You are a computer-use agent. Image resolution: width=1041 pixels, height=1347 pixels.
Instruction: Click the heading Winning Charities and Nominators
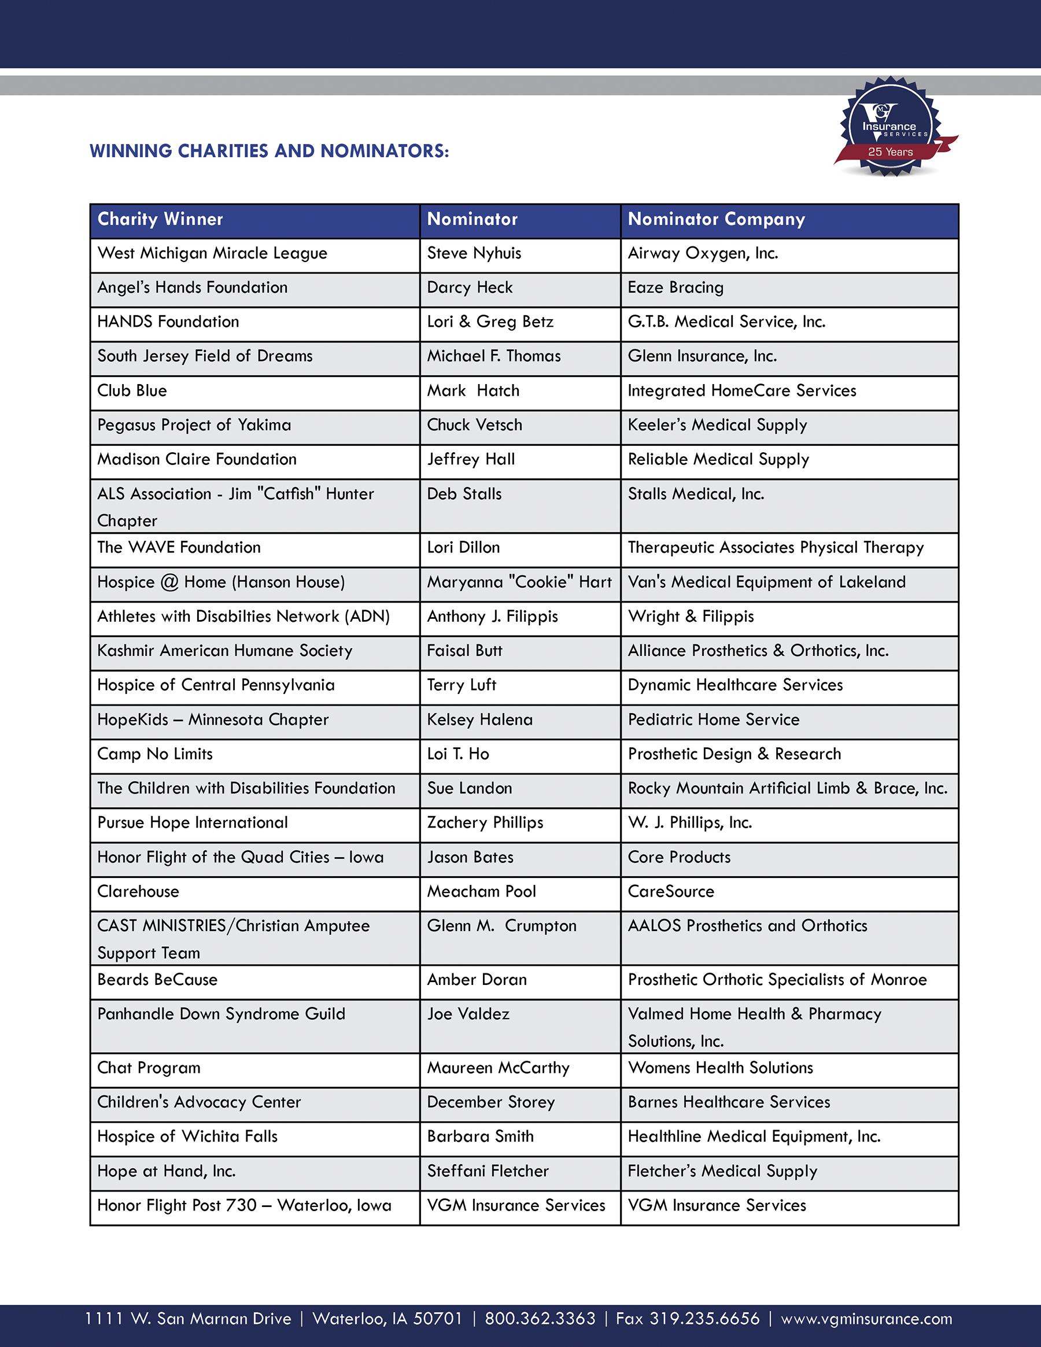pyautogui.click(x=270, y=151)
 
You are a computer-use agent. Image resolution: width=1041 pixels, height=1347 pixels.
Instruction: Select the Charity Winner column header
pyautogui.click(x=160, y=220)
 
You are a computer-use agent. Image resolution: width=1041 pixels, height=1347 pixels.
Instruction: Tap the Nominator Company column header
pyautogui.click(x=716, y=220)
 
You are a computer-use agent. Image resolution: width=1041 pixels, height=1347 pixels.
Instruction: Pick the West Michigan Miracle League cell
pyautogui.click(x=212, y=253)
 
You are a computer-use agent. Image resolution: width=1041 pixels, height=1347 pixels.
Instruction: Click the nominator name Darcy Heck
pyautogui.click(x=470, y=288)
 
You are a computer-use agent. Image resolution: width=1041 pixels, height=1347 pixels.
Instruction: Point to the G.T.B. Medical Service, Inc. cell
pyautogui.click(x=726, y=322)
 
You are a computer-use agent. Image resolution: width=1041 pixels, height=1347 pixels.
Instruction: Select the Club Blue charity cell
pyautogui.click(x=132, y=391)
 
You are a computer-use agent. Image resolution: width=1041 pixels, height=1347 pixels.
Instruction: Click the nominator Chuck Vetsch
pyautogui.click(x=474, y=426)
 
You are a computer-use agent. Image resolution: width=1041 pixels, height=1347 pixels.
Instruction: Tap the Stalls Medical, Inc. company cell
pyautogui.click(x=696, y=494)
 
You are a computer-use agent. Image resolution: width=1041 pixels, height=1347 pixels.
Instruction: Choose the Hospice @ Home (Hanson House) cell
pyautogui.click(x=221, y=582)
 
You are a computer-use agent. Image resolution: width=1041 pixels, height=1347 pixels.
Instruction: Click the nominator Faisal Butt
pyautogui.click(x=464, y=651)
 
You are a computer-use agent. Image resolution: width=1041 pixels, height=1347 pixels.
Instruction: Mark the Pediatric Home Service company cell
pyautogui.click(x=714, y=719)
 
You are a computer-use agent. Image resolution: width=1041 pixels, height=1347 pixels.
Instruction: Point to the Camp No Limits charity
pyautogui.click(x=155, y=754)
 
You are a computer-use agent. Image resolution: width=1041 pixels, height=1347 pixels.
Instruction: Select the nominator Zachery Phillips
pyautogui.click(x=485, y=823)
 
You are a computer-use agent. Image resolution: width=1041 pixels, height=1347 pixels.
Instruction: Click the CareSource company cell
pyautogui.click(x=671, y=892)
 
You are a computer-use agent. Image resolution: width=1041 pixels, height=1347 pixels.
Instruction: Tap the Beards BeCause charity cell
pyautogui.click(x=157, y=980)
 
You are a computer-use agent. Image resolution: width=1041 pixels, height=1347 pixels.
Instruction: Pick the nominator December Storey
pyautogui.click(x=491, y=1102)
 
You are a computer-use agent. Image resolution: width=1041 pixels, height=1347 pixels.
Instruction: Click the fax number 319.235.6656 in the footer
pyautogui.click(x=688, y=1319)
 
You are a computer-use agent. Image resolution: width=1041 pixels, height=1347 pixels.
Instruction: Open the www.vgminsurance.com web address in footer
pyautogui.click(x=866, y=1319)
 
